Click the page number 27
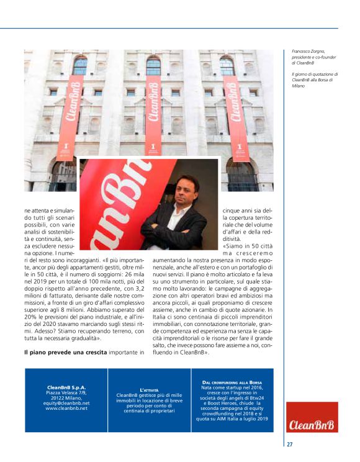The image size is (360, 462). pos(290,444)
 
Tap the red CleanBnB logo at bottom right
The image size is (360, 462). pos(304,425)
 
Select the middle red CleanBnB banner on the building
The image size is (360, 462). pos(153,115)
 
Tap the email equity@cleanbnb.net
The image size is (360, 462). pos(66,403)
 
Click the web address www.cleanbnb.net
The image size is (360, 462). pos(66,408)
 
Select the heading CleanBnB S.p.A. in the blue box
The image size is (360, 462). pos(66,387)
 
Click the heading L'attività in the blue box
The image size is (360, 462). pos(149,389)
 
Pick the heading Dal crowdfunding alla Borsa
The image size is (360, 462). pos(232,382)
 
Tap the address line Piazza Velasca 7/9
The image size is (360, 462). pos(66,392)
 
